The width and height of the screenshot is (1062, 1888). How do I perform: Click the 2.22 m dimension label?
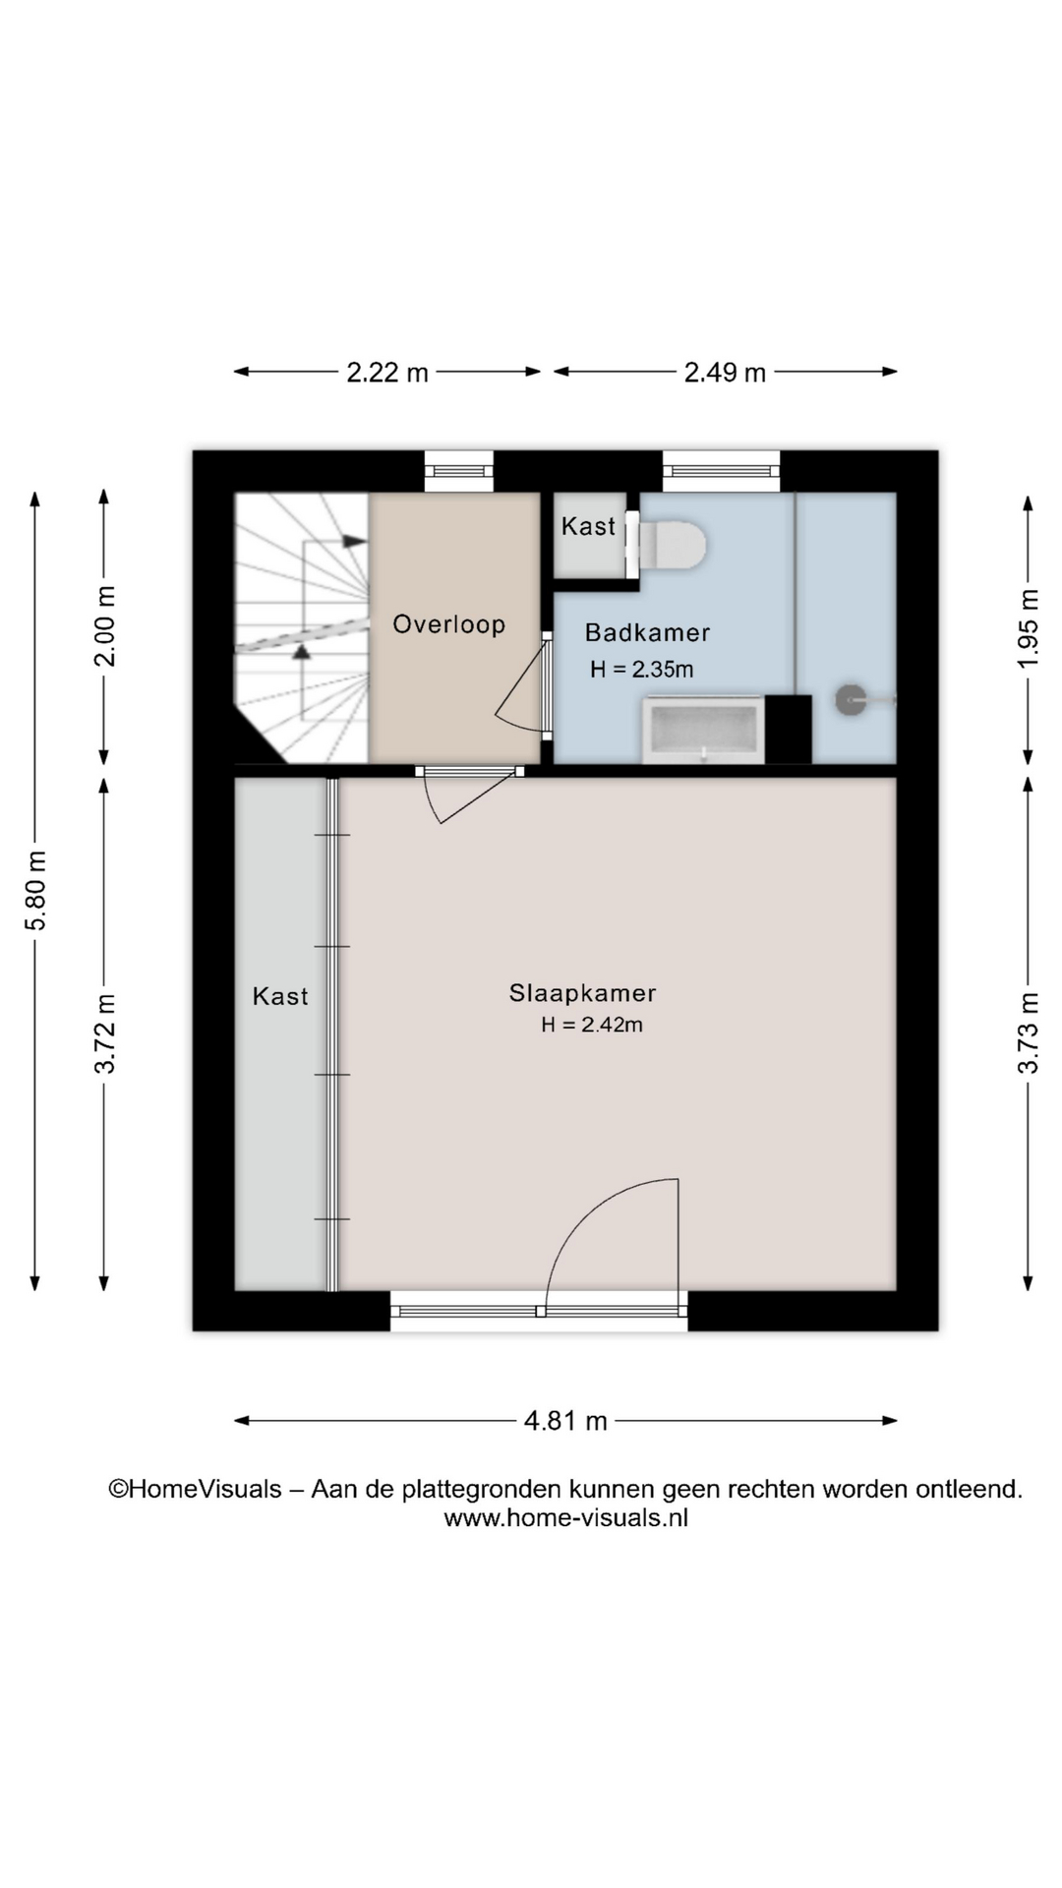pyautogui.click(x=387, y=373)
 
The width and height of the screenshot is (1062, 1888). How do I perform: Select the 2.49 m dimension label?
pyautogui.click(x=725, y=373)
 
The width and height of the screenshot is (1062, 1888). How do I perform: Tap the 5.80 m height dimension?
pyautogui.click(x=36, y=891)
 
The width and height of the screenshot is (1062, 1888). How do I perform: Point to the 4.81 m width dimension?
pyautogui.click(x=565, y=1421)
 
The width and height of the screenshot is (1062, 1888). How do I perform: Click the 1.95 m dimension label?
pyautogui.click(x=1028, y=628)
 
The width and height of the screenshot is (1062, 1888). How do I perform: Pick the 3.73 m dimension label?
pyautogui.click(x=1028, y=1033)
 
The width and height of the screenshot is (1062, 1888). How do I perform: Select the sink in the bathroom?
pyautogui.click(x=704, y=730)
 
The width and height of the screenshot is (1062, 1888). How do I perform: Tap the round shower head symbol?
pyautogui.click(x=851, y=700)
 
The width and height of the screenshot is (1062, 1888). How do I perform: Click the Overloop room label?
pyautogui.click(x=449, y=624)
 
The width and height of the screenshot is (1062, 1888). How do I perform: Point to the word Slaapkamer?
pyautogui.click(x=582, y=993)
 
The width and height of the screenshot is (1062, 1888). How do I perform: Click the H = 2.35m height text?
pyautogui.click(x=642, y=670)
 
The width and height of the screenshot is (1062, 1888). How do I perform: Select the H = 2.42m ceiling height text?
pyautogui.click(x=592, y=1025)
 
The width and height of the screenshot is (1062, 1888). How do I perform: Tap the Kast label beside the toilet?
pyautogui.click(x=588, y=526)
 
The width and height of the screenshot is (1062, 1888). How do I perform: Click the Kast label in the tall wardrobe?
pyautogui.click(x=280, y=996)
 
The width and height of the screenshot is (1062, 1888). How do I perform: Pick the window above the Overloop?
pyautogui.click(x=459, y=471)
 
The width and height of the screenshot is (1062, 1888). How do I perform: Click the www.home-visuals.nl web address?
pyautogui.click(x=565, y=1517)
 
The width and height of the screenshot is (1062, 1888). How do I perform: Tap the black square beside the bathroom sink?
pyautogui.click(x=789, y=730)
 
